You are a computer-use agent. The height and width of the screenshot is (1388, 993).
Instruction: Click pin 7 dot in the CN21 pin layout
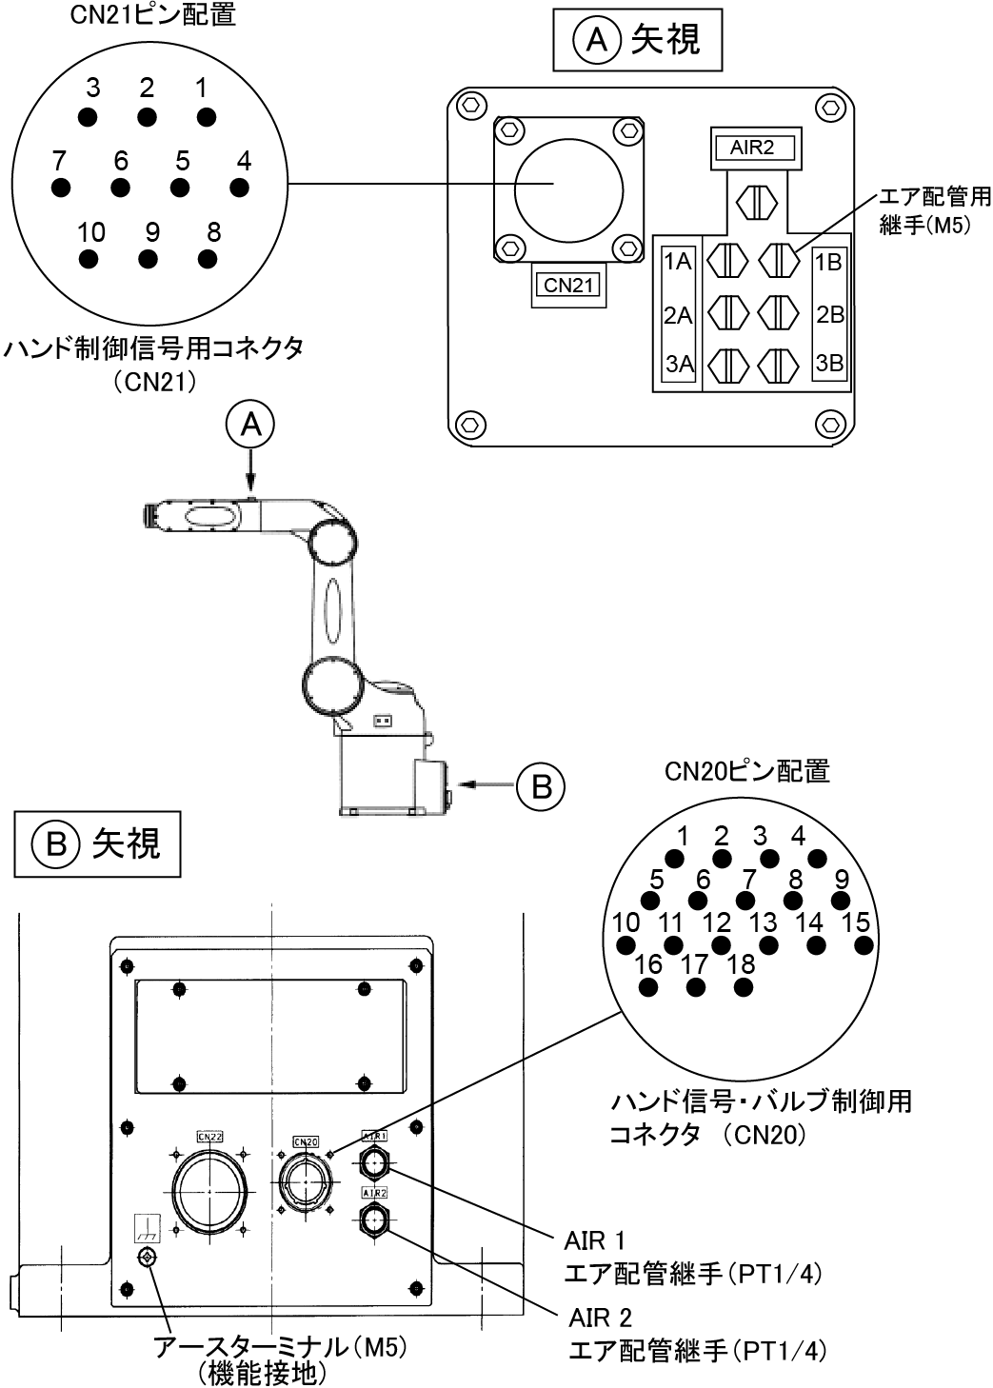click(62, 188)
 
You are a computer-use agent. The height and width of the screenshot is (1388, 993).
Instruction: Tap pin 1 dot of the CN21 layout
click(206, 116)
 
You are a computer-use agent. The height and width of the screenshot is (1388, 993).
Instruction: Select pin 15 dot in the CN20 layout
click(864, 945)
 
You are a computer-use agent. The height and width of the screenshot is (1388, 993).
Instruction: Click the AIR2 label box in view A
click(752, 148)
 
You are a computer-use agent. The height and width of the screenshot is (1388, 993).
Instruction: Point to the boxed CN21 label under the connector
click(567, 285)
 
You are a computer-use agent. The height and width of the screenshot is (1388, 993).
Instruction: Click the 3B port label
click(828, 363)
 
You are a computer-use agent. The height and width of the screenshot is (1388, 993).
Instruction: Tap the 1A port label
click(677, 262)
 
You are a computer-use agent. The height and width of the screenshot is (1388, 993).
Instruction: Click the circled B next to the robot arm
click(541, 785)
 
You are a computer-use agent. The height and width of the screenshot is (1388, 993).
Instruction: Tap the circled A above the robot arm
click(249, 426)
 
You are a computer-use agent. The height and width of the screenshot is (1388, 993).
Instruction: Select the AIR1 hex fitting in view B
click(374, 1162)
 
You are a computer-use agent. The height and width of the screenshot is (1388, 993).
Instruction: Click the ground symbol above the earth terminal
click(148, 1226)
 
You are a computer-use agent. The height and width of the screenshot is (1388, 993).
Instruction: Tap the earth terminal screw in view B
click(148, 1259)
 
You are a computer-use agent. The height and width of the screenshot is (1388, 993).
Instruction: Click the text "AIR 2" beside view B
click(600, 1318)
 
